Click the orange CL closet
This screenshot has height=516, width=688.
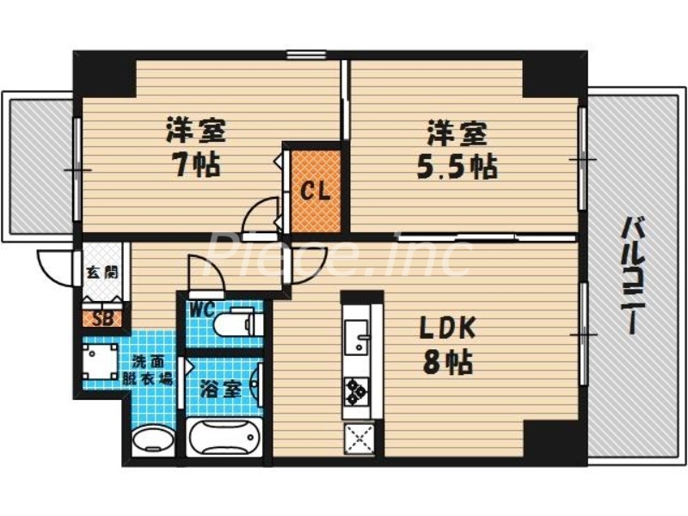[316, 190]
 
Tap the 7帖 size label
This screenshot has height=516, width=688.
[195, 163]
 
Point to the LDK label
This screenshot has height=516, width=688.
[445, 329]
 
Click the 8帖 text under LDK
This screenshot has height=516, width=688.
[445, 363]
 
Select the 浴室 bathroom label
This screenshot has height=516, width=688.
[220, 389]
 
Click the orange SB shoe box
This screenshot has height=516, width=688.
[101, 317]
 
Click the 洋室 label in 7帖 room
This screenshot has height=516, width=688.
[196, 132]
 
